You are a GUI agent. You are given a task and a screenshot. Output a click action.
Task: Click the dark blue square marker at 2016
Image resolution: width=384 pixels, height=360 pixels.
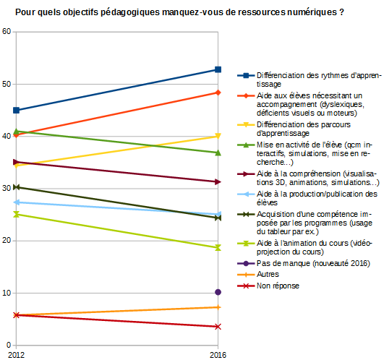pyautogui.click(x=218, y=69)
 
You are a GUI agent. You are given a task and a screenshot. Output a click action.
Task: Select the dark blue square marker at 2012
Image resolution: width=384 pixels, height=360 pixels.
pyautogui.click(x=16, y=111)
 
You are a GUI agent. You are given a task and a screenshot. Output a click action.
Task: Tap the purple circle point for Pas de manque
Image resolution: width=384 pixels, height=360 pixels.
pyautogui.click(x=218, y=292)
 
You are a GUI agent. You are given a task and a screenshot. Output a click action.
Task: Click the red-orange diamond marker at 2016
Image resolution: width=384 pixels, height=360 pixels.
pyautogui.click(x=218, y=93)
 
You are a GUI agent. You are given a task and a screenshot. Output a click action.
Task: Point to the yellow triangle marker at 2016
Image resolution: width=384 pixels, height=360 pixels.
pyautogui.click(x=218, y=136)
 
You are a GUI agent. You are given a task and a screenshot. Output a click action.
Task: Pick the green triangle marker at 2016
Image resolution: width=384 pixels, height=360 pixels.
pyautogui.click(x=218, y=153)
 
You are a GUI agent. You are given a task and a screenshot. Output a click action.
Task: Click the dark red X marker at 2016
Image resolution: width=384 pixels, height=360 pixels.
pyautogui.click(x=218, y=327)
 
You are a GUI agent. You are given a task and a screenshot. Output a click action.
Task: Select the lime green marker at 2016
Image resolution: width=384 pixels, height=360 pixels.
pyautogui.click(x=218, y=248)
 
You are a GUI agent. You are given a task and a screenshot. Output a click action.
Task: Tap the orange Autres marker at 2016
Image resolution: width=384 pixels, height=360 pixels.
pyautogui.click(x=218, y=307)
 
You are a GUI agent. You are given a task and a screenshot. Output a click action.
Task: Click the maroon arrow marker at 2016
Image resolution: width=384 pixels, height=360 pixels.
pyautogui.click(x=218, y=182)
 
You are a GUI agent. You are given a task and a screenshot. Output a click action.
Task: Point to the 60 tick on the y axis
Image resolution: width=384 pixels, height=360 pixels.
pyautogui.click(x=7, y=31)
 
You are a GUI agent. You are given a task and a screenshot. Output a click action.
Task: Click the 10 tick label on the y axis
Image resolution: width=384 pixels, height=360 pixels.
pyautogui.click(x=7, y=293)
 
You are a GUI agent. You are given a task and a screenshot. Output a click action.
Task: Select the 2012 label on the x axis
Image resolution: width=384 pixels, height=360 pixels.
pyautogui.click(x=16, y=355)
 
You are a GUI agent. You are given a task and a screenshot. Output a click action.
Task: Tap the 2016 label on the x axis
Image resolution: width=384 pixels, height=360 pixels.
pyautogui.click(x=218, y=355)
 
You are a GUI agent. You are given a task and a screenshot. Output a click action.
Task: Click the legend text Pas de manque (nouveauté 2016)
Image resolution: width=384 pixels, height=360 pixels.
pyautogui.click(x=313, y=263)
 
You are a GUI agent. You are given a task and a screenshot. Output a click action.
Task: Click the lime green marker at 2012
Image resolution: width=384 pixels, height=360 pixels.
pyautogui.click(x=16, y=215)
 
